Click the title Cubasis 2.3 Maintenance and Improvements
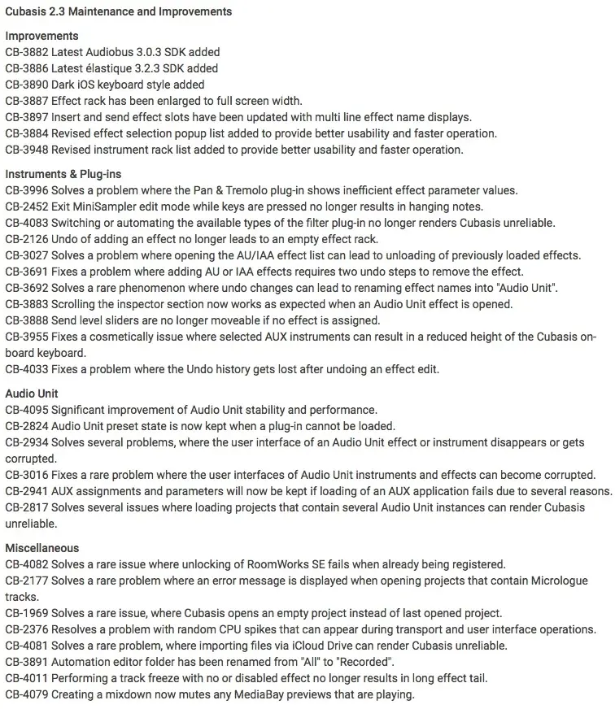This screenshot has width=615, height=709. (x=118, y=11)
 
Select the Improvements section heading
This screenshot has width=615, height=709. (x=41, y=36)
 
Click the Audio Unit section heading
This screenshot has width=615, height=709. (x=32, y=394)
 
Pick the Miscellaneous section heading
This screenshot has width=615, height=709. (x=41, y=548)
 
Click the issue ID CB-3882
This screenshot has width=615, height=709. (x=26, y=52)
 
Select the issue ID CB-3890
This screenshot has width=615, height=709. (x=26, y=85)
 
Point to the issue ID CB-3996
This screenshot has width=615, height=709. (x=26, y=190)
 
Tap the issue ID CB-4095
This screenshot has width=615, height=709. (x=26, y=410)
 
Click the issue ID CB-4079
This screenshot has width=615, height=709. (x=26, y=694)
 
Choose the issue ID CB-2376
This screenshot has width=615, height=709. (x=26, y=629)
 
